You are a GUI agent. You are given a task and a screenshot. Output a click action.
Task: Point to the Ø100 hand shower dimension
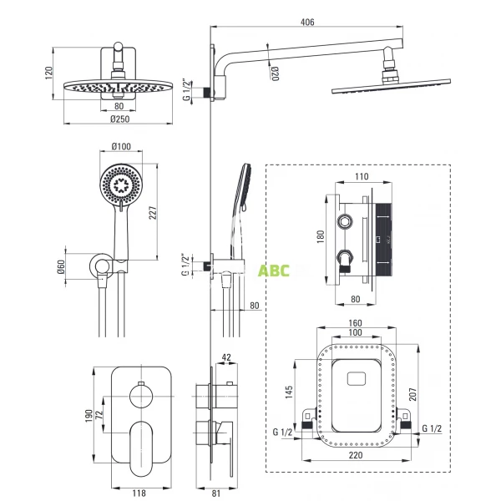(x=120, y=148)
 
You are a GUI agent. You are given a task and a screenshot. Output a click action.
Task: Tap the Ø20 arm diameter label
(x=273, y=73)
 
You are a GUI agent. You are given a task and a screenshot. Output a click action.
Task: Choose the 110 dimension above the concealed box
(x=361, y=178)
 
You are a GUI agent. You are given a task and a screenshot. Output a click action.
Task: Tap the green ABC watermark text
(x=271, y=270)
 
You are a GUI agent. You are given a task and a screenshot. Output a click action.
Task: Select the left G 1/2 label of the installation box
(x=284, y=431)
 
